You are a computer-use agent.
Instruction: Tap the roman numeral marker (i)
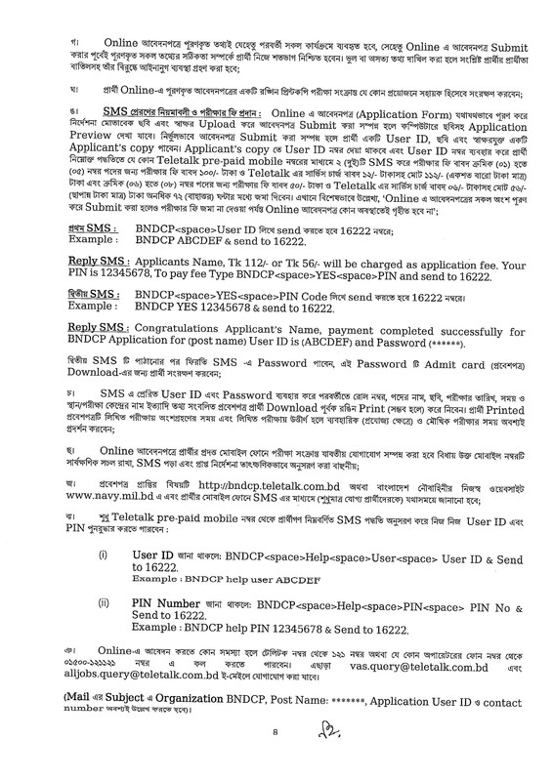[103, 553]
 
